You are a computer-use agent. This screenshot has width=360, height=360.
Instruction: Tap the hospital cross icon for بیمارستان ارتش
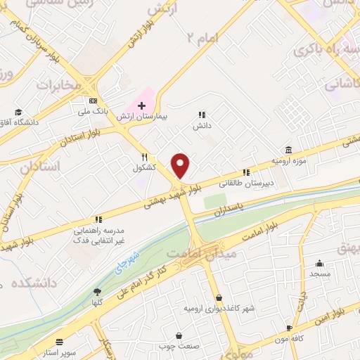[x=141, y=105]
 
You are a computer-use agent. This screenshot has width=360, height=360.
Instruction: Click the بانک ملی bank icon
[x=93, y=101]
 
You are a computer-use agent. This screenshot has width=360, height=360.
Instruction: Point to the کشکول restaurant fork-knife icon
[x=144, y=157]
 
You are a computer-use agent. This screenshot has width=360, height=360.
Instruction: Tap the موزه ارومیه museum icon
[x=288, y=150]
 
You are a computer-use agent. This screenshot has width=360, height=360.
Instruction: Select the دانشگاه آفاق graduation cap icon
[x=18, y=111]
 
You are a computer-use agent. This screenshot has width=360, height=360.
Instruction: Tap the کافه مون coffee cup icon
[x=289, y=328]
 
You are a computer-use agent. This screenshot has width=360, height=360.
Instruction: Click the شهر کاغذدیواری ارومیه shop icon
[x=219, y=297]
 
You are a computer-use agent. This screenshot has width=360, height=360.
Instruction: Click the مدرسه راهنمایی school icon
[x=98, y=219]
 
